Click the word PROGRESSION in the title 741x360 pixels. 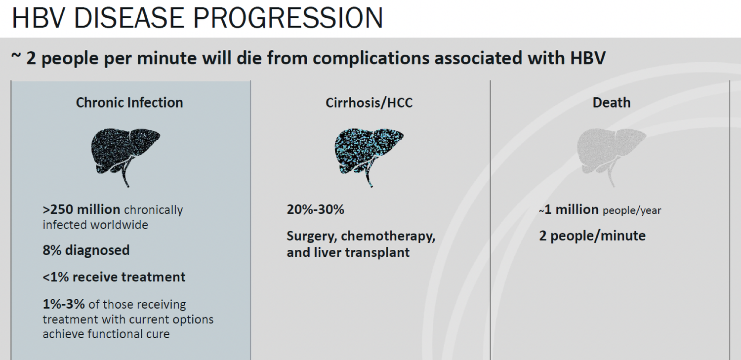pos(288,18)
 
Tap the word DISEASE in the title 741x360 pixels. pos(129,18)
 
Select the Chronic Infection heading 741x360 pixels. pos(129,103)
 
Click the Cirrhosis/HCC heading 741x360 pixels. pos(369,103)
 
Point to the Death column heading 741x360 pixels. pos(612,103)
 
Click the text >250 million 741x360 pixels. pos(82,209)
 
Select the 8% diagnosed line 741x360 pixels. pos(86,250)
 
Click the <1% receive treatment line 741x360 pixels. pos(114,277)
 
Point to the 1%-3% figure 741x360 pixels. pos(64,304)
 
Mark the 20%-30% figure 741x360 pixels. pos(315,209)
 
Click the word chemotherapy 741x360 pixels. pos(388,237)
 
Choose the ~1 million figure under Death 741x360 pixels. pos(569,209)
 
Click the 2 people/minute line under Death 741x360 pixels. pos(592,236)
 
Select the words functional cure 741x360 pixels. pos(128,334)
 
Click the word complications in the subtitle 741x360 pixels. pos(370,59)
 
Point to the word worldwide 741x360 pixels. pos(119,225)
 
